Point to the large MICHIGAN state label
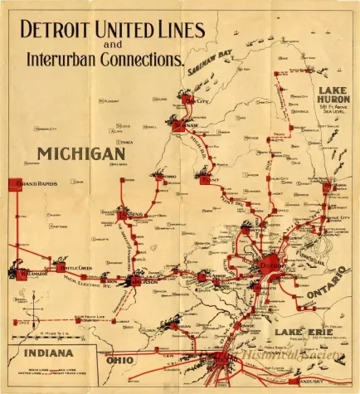pos(80,153)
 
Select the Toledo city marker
pos(221,359)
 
